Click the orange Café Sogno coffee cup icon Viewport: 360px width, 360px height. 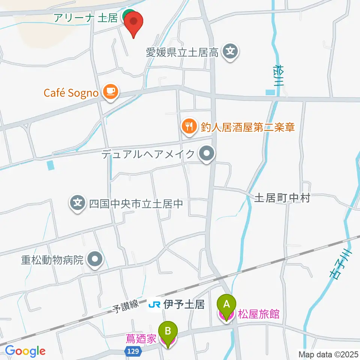click(110, 91)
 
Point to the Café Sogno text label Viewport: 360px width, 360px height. click(71, 93)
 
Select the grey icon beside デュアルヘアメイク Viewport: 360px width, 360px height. click(206, 154)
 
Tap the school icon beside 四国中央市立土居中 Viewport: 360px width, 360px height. click(78, 204)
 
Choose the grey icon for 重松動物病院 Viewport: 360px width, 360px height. click(94, 259)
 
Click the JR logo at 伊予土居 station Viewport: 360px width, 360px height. click(155, 304)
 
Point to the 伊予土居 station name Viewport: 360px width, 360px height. click(184, 304)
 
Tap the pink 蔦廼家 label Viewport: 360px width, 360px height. click(141, 340)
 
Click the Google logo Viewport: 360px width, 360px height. click(25, 351)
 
